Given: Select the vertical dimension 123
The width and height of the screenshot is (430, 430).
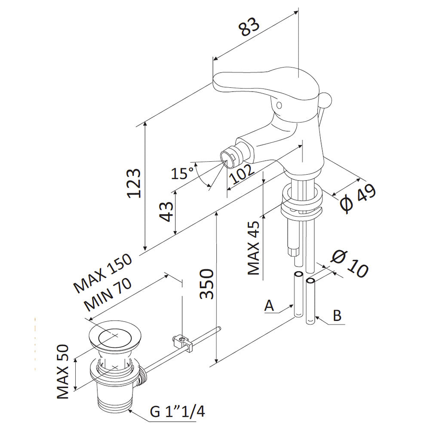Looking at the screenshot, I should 134,183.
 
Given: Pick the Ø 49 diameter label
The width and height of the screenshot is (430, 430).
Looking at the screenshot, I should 358,198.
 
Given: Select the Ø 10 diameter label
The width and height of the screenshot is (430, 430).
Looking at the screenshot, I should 350,264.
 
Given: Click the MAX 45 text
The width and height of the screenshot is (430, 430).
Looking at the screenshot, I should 254,249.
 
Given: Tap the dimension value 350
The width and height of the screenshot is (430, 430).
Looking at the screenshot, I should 206,284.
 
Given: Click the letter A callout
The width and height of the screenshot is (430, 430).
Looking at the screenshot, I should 269,306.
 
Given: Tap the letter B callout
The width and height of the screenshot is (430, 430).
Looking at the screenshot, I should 338,316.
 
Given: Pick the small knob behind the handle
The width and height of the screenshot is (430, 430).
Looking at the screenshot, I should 326,100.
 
